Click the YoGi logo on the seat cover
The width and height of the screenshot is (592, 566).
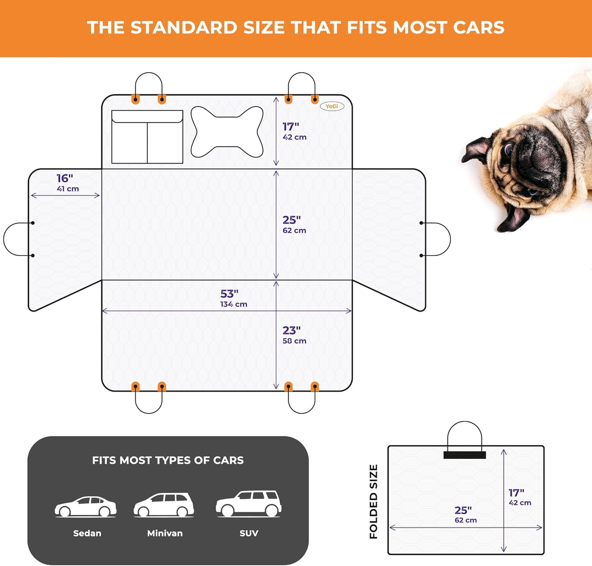pos(332,106)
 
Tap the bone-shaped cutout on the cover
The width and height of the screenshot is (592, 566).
pos(227,132)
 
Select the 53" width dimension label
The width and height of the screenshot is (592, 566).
pos(229,294)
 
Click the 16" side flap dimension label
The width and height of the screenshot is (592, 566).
pos(65,178)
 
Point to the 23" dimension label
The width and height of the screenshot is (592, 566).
pos(291,330)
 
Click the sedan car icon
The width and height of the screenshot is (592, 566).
pos(86,507)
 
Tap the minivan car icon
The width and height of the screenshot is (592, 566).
pos(163,505)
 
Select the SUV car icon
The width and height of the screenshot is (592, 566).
pos(249,504)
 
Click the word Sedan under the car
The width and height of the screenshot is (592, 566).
pos(87,533)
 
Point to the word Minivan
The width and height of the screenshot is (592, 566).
pos(165,533)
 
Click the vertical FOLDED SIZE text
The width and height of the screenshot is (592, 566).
pos(373,502)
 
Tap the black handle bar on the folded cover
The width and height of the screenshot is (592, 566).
pos(465,455)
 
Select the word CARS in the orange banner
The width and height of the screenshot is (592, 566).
pos(479,27)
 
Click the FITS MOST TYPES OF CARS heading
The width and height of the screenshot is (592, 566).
pos(168,460)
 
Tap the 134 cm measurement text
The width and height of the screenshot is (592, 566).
pos(234,304)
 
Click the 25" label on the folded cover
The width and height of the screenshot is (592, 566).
pos(463,510)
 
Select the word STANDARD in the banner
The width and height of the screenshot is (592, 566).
pos(184,27)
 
